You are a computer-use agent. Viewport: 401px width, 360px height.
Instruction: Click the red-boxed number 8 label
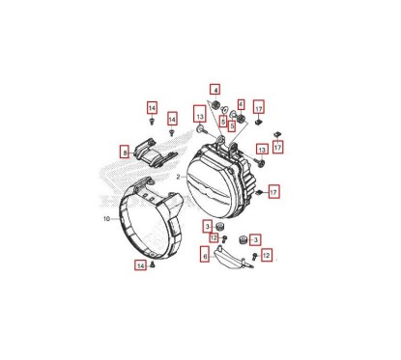[125, 152]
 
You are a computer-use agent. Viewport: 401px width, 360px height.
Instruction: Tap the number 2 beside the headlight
[179, 178]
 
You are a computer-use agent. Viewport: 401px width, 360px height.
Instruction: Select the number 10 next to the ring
[107, 219]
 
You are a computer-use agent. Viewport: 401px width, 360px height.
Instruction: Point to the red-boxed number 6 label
[204, 256]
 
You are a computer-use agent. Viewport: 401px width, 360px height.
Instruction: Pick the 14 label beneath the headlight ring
[140, 264]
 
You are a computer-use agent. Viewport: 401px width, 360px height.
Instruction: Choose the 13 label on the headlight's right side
[261, 150]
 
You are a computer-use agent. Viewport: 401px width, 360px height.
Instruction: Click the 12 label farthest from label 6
[267, 255]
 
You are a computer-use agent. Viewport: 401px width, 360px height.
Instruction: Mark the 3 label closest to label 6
[207, 225]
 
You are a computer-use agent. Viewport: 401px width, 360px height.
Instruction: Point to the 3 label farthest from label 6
[254, 237]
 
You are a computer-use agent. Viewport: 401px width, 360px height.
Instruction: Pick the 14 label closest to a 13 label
[172, 119]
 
